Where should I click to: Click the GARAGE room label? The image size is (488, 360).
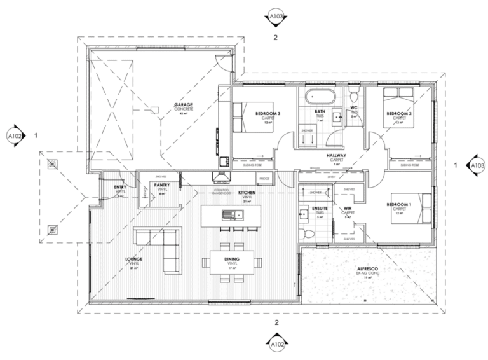coord(184,104)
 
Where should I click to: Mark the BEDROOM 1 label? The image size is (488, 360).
coord(400,205)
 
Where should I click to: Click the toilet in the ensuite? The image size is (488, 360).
coord(309,234)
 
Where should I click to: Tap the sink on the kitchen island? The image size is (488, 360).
coord(227,216)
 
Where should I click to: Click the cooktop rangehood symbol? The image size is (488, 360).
coord(222,179)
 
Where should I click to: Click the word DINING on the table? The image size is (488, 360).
coord(231,260)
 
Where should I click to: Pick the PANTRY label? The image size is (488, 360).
coord(161,185)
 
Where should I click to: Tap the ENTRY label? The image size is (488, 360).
coord(120,187)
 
